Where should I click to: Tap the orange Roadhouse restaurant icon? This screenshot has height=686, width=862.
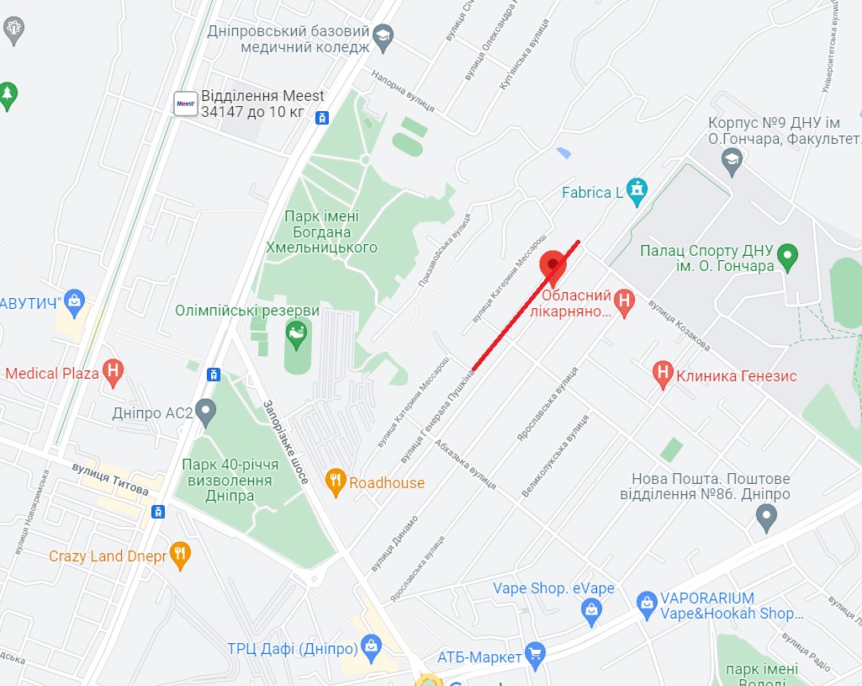[336, 481]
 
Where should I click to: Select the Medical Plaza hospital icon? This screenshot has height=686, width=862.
[114, 372]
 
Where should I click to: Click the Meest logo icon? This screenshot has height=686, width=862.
[185, 104]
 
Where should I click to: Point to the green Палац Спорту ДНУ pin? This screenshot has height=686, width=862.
[788, 256]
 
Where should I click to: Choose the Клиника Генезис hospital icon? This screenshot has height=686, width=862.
[664, 375]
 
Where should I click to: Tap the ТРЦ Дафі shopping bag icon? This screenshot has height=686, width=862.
[370, 647]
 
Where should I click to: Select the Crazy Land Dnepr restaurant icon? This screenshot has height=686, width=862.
[179, 555]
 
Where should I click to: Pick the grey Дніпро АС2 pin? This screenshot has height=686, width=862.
[205, 412]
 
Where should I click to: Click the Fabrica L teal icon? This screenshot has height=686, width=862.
[637, 192]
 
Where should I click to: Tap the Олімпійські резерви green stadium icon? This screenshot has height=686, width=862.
[296, 335]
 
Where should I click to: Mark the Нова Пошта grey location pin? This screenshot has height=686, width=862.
[766, 516]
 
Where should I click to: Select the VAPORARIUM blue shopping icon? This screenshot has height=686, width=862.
[646, 602]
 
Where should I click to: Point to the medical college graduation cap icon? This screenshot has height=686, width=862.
[383, 35]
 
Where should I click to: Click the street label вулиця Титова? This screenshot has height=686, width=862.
[110, 485]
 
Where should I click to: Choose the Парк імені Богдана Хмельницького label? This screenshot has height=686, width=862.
[322, 231]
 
